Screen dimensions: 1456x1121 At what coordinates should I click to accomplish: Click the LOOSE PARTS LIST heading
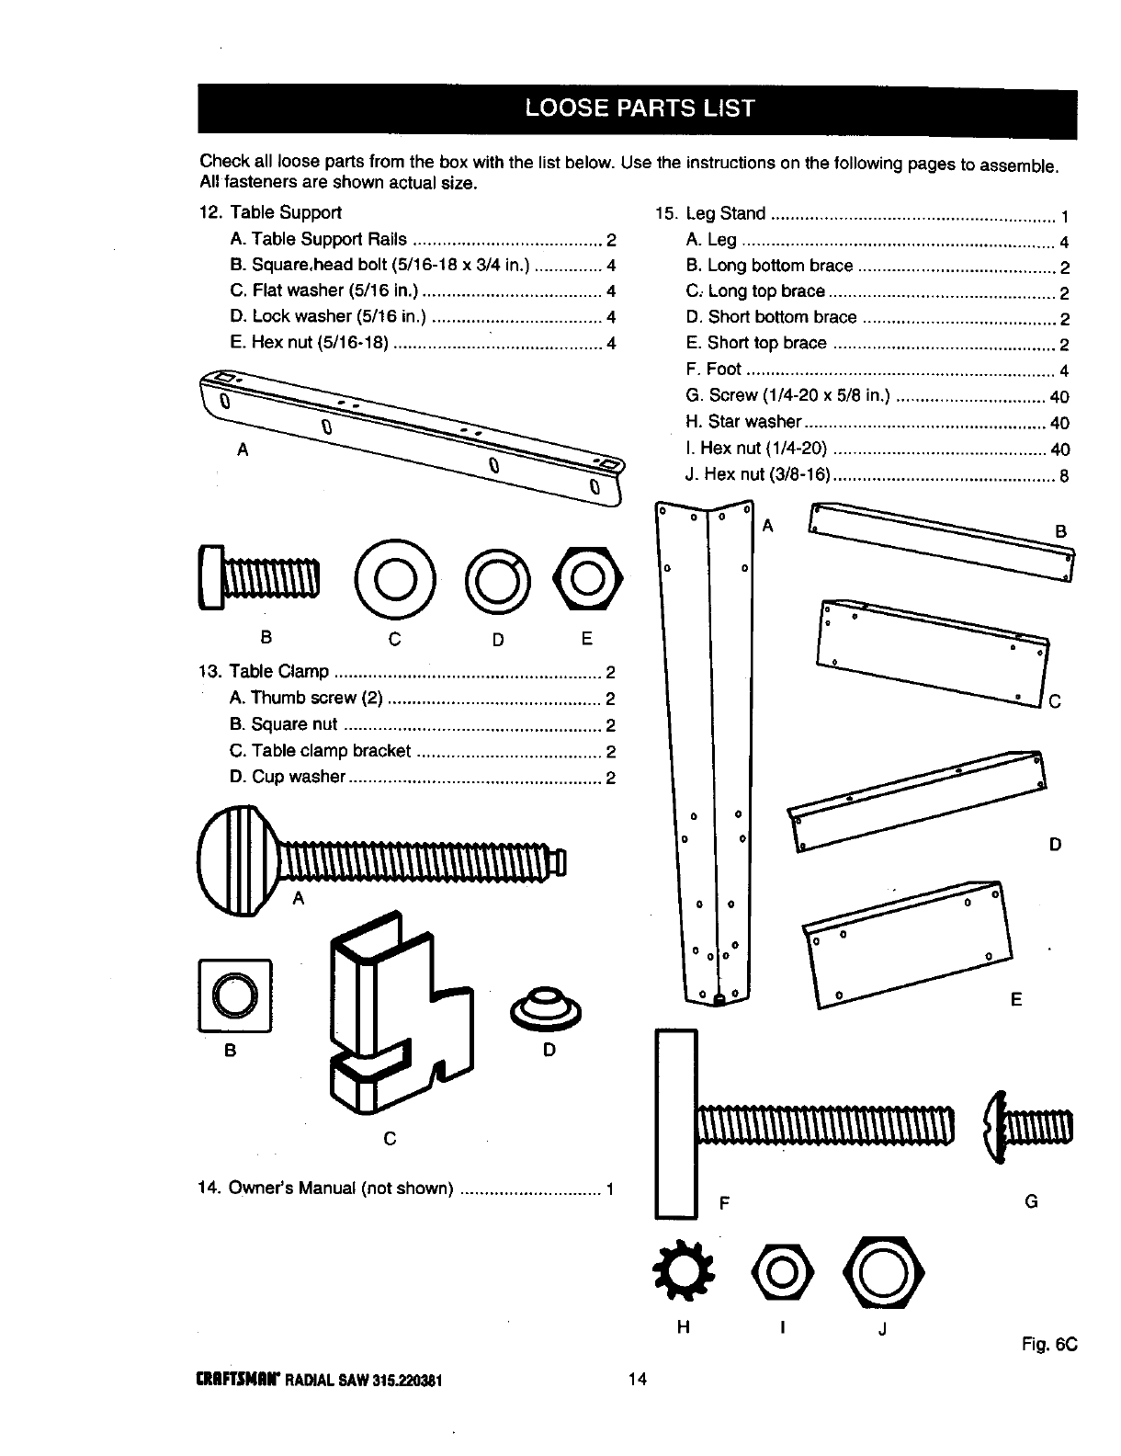pyautogui.click(x=638, y=109)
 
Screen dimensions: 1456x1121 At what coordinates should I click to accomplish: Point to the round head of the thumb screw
pyautogui.click(x=236, y=859)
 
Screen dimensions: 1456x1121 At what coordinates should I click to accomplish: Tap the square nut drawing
pyautogui.click(x=234, y=995)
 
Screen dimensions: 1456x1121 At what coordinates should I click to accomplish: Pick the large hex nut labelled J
pyautogui.click(x=883, y=1273)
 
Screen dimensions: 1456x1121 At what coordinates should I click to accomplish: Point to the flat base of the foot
pyautogui.click(x=675, y=1124)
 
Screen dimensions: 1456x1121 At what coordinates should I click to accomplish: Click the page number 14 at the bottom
pyautogui.click(x=638, y=1378)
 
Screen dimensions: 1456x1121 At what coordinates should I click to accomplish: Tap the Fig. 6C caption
pyautogui.click(x=1047, y=1344)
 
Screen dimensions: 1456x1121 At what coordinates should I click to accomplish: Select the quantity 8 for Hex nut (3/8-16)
pyautogui.click(x=1064, y=477)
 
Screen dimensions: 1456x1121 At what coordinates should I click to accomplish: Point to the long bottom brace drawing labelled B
pyautogui.click(x=942, y=542)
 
